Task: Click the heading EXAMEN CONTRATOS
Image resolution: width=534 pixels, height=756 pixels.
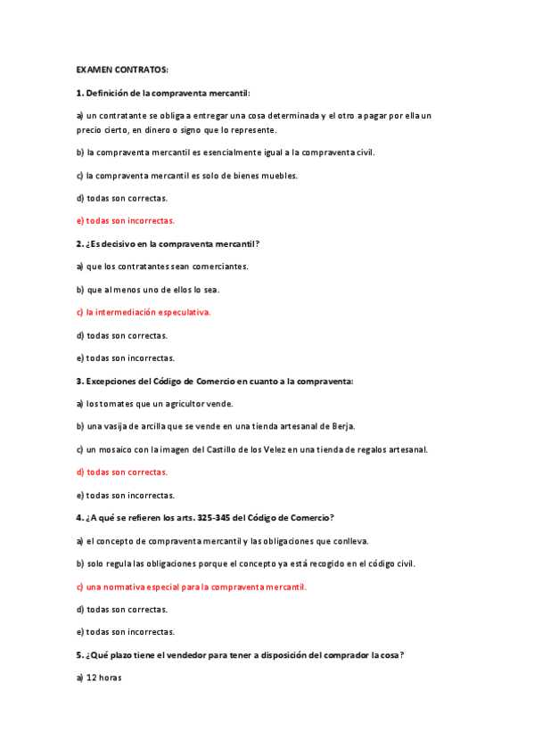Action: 122,69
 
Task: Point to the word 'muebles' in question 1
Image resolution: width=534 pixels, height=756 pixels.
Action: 280,175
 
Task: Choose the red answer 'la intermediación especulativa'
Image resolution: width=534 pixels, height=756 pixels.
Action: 144,312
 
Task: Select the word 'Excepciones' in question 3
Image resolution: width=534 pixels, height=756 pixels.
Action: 111,381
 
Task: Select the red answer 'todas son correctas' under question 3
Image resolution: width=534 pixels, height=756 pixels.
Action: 122,472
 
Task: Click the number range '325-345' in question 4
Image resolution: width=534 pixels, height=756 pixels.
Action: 215,518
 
